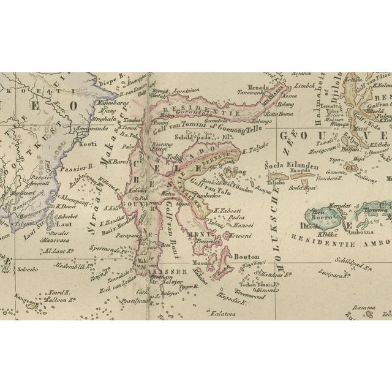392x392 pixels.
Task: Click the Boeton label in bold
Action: point(247,258)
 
